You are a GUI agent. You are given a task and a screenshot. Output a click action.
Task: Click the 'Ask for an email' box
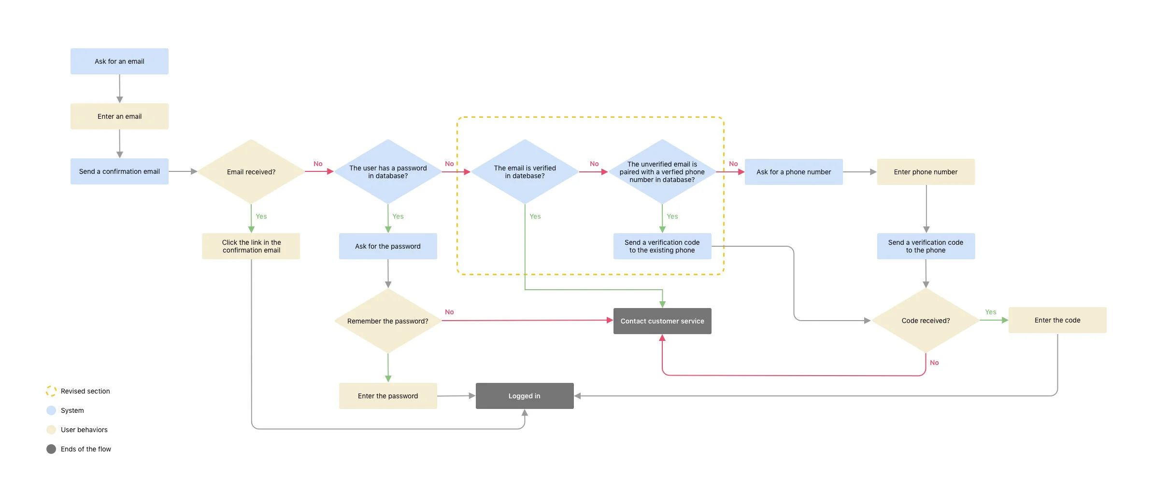pyautogui.click(x=119, y=61)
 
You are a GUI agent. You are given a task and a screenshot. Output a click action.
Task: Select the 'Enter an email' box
pyautogui.click(x=119, y=116)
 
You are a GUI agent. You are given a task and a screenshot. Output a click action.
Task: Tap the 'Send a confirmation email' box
pyautogui.click(x=119, y=171)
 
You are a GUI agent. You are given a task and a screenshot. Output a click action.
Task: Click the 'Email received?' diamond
pyautogui.click(x=251, y=172)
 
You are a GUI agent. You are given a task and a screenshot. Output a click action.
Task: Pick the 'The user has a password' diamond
pyautogui.click(x=388, y=172)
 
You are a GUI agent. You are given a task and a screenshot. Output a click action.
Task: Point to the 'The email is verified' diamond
pyautogui.click(x=525, y=172)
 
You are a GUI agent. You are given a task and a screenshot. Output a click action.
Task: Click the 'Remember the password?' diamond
pyautogui.click(x=388, y=321)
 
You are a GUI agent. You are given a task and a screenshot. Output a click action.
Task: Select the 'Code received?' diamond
pyautogui.click(x=926, y=321)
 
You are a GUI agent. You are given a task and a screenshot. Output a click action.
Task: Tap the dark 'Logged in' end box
pyautogui.click(x=525, y=396)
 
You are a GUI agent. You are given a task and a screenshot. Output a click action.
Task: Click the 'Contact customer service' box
pyautogui.click(x=662, y=321)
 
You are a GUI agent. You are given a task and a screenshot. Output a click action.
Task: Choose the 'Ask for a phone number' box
pyautogui.click(x=794, y=172)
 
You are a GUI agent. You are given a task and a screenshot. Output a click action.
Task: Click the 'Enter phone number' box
pyautogui.click(x=926, y=172)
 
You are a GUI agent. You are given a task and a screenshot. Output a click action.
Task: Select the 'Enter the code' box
pyautogui.click(x=1057, y=320)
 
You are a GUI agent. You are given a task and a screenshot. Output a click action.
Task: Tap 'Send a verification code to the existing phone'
pyautogui.click(x=662, y=246)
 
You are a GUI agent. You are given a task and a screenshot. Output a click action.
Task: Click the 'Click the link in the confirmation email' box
pyautogui.click(x=251, y=246)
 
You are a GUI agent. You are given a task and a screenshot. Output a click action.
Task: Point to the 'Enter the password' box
pyautogui.click(x=388, y=396)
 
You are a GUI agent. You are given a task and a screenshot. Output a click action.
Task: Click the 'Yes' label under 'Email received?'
pyautogui.click(x=261, y=216)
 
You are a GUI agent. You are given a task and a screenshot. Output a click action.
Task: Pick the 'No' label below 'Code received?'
pyautogui.click(x=934, y=363)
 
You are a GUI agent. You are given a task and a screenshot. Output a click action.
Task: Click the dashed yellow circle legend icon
pyautogui.click(x=51, y=391)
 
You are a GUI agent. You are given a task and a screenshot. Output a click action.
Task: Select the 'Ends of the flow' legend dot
pyautogui.click(x=51, y=449)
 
